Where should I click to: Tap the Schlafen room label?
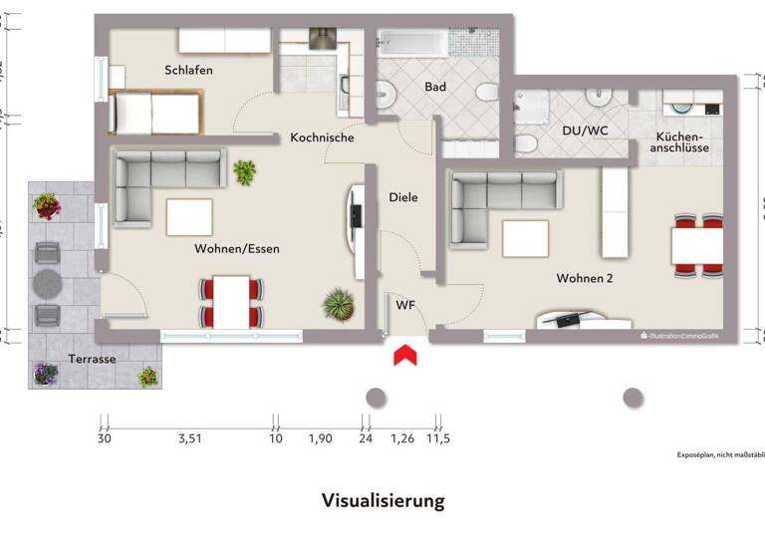(188, 70)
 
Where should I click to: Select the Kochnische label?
(322, 138)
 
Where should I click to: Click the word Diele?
(403, 197)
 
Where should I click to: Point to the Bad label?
(435, 87)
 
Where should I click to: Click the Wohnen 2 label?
(585, 278)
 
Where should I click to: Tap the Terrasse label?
(93, 358)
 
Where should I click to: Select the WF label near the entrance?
(405, 304)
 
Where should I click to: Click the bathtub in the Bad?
(411, 43)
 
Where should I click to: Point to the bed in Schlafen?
(156, 111)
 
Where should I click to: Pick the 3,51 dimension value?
(190, 437)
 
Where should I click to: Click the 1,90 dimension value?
(320, 437)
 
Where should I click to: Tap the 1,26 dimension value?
(401, 437)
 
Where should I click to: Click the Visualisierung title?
(382, 500)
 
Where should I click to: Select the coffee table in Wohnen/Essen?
(188, 216)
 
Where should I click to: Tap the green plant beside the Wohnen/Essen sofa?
(244, 173)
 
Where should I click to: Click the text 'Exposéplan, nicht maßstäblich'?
(719, 454)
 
